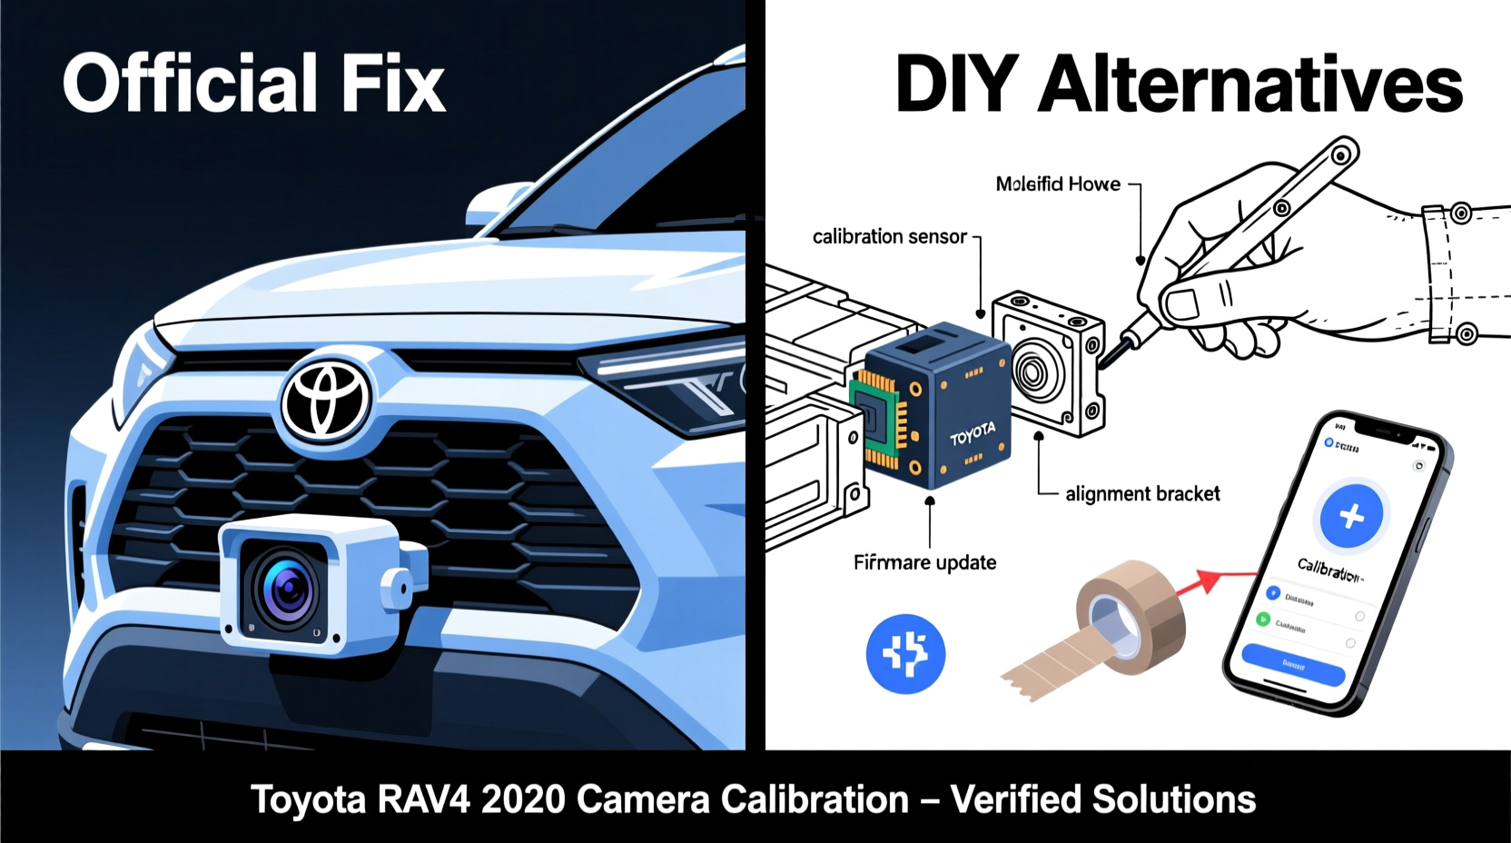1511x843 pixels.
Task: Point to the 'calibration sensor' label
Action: click(889, 237)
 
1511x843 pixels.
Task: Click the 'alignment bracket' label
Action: click(1141, 494)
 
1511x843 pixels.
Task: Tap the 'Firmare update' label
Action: click(924, 563)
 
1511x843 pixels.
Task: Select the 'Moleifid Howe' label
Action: click(1058, 184)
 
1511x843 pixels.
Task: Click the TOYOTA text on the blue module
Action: click(973, 433)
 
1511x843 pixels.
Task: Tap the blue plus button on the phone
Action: click(1351, 516)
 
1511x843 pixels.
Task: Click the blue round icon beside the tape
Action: click(905, 653)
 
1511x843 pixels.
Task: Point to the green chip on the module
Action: click(874, 419)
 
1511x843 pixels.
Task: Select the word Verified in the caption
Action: click(1015, 800)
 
